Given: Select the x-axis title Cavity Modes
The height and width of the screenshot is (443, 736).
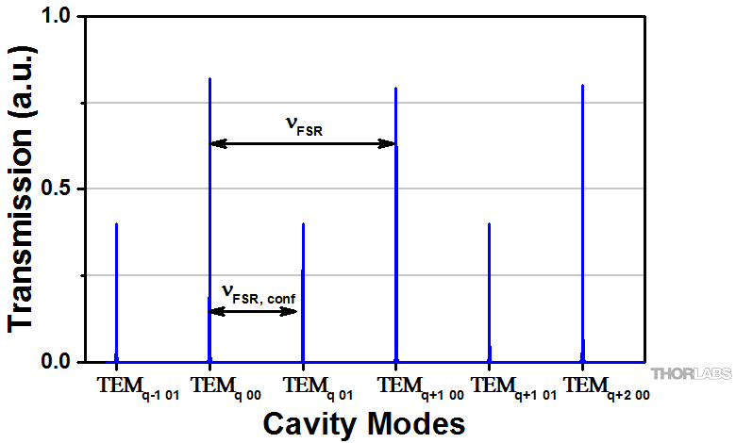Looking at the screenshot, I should tap(363, 422).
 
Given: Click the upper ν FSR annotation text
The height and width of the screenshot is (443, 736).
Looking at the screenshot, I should tap(304, 126).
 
